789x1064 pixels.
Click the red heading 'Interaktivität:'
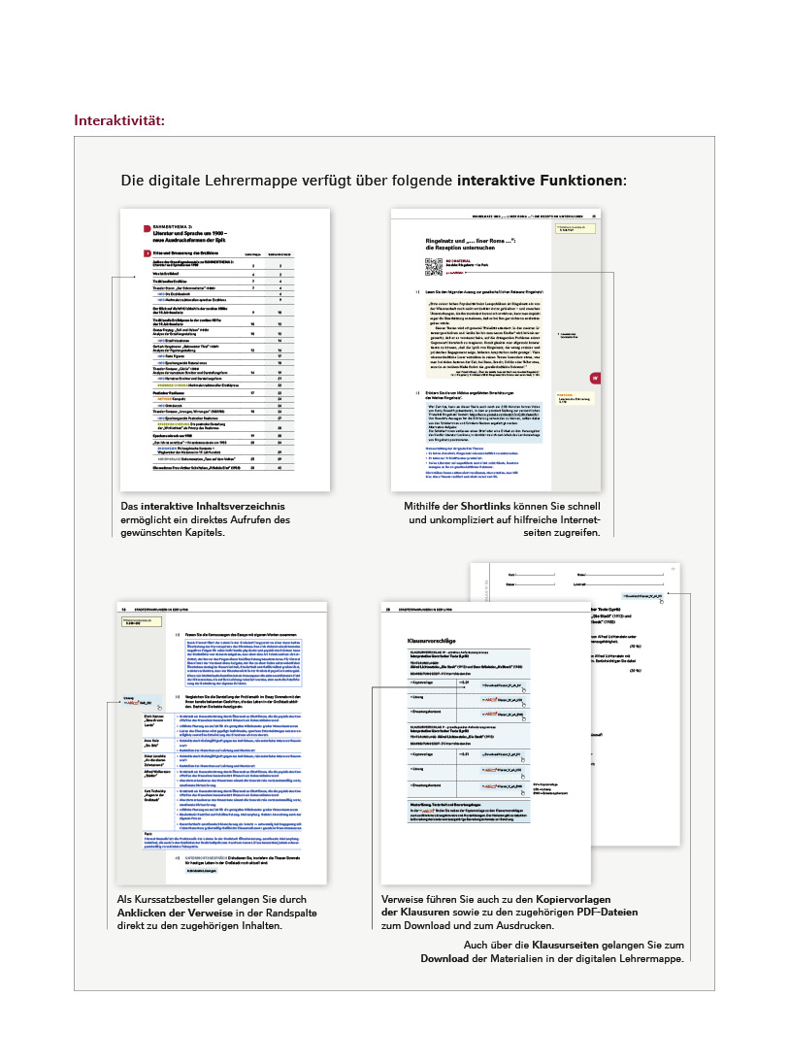(x=119, y=121)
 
